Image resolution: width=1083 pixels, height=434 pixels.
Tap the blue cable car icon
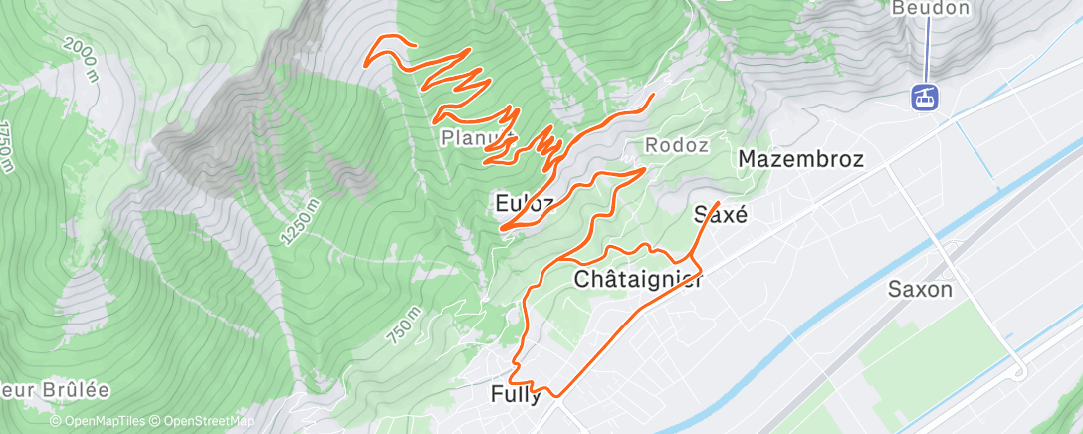[926, 97]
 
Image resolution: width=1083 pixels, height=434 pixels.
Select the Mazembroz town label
[799, 159]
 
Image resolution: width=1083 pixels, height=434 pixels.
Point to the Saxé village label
[720, 214]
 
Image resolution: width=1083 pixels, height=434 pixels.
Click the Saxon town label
[921, 290]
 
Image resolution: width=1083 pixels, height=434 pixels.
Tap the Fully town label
[516, 394]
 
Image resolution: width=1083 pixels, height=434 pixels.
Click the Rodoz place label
[677, 145]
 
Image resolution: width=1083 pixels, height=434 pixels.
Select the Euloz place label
[524, 203]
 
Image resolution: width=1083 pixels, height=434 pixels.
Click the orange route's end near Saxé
[718, 188]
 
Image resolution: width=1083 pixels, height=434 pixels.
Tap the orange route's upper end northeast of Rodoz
[653, 96]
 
